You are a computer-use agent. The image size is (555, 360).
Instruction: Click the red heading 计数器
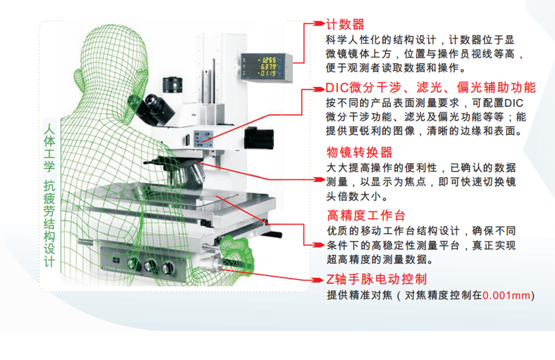click(345, 24)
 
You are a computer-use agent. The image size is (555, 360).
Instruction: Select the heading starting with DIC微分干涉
click(431, 87)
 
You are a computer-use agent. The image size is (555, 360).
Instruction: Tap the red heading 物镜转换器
click(359, 153)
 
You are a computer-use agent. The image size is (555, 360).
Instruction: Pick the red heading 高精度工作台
click(366, 215)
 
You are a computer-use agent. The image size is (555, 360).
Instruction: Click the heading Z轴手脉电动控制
click(376, 279)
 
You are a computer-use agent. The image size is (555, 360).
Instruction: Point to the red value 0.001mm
click(507, 295)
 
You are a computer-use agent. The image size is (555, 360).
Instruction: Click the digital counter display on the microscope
click(267, 67)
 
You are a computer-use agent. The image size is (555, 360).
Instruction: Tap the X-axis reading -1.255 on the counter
click(268, 60)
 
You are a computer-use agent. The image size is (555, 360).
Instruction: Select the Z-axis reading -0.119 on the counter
click(268, 73)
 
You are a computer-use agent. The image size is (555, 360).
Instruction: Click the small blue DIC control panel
click(203, 139)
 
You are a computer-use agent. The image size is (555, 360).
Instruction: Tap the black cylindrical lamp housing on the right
click(259, 138)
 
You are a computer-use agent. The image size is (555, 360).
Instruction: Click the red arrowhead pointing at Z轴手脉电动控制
click(319, 281)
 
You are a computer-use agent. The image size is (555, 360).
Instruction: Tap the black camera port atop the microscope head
click(173, 85)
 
